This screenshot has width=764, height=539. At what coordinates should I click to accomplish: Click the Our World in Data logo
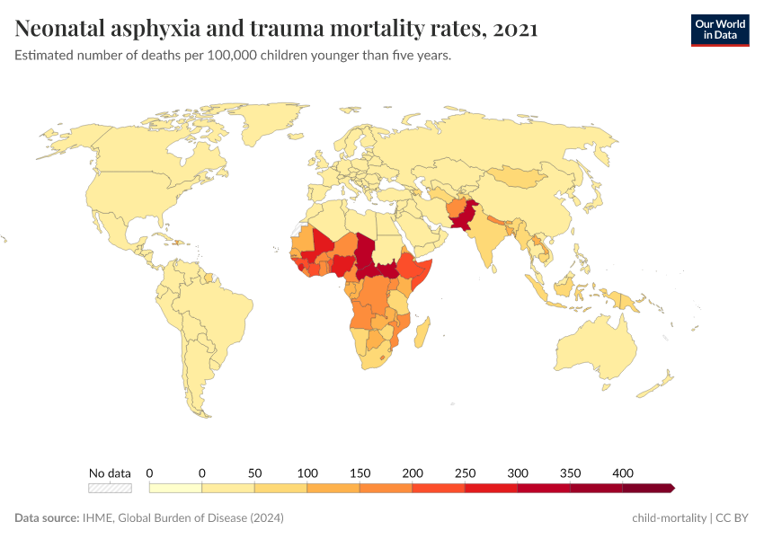[x=719, y=30]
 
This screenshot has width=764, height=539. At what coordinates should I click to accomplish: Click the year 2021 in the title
[x=516, y=29]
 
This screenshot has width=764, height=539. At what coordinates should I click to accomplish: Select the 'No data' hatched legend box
[x=110, y=488]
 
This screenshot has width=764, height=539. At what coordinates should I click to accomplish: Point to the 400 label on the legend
[x=623, y=473]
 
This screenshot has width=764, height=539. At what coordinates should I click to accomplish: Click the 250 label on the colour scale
[x=465, y=473]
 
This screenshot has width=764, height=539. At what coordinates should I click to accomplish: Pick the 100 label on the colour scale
[x=307, y=473]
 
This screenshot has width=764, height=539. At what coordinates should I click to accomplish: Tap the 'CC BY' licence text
[x=733, y=518]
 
